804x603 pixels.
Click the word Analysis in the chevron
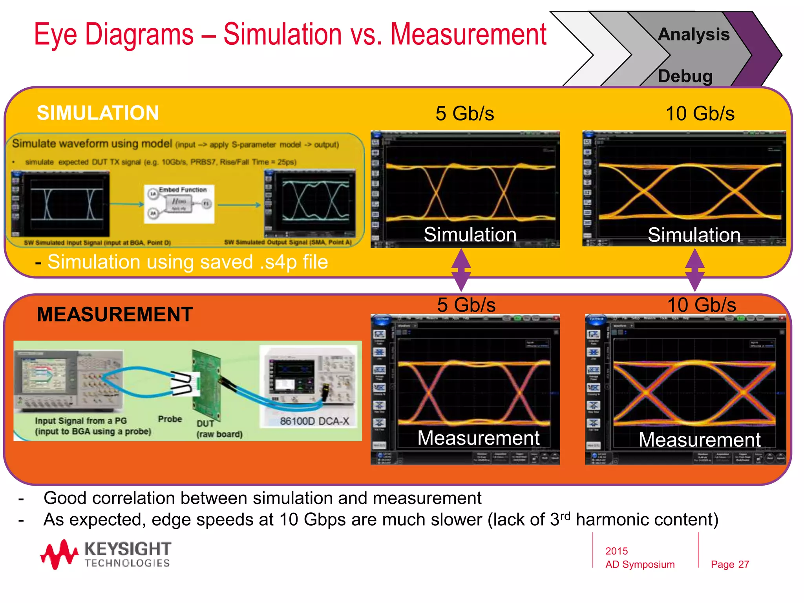(x=694, y=35)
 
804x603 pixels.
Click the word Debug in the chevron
(x=685, y=76)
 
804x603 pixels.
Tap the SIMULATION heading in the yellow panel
(x=98, y=113)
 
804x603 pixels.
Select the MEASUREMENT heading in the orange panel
(x=115, y=314)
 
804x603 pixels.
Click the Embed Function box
(x=179, y=204)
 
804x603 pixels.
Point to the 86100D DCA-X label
(x=314, y=421)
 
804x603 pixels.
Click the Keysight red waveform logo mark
(x=59, y=554)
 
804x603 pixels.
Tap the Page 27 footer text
(x=730, y=565)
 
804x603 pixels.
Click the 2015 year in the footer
(x=616, y=551)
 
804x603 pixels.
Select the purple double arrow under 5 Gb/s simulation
(x=461, y=270)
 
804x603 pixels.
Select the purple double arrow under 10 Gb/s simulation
(x=694, y=270)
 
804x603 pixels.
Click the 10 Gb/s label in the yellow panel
(x=700, y=114)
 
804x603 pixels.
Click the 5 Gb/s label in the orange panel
(x=466, y=305)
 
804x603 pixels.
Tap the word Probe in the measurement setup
(x=170, y=419)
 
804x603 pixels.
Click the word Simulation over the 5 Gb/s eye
(x=470, y=235)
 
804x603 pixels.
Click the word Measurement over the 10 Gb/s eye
(x=700, y=440)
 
